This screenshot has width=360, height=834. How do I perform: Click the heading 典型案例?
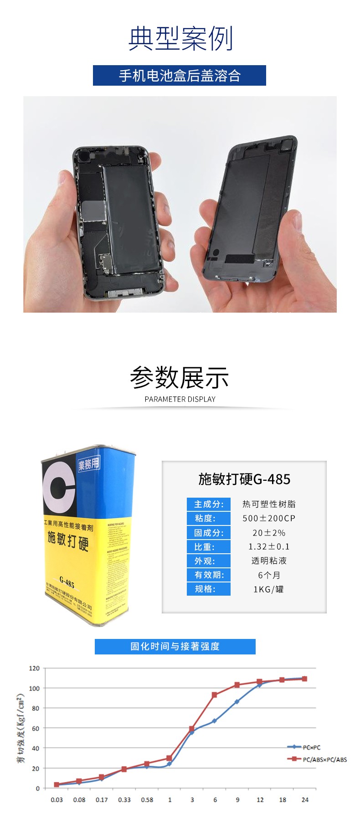[x=180, y=39]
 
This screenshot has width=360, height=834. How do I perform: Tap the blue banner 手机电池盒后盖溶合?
[x=180, y=76]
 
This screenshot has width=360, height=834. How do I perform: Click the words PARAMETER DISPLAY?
[x=180, y=399]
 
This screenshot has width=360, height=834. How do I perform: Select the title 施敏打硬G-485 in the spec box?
[x=244, y=479]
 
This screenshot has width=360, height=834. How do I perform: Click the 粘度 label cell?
[x=208, y=518]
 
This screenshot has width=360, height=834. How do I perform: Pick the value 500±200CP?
[x=269, y=518]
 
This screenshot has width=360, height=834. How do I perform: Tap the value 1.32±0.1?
[x=269, y=546]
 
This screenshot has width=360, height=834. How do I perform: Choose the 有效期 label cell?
[x=208, y=575]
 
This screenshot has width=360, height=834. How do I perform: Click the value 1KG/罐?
[x=269, y=589]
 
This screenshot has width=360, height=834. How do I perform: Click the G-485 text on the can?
[x=67, y=582]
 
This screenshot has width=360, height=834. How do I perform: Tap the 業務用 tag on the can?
[x=88, y=464]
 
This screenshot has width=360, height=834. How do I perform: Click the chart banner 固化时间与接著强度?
[x=175, y=646]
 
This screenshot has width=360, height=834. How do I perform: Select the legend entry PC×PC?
[x=311, y=747]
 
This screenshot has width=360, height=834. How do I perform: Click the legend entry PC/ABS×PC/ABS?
[x=324, y=759]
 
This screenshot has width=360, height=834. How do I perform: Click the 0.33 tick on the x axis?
[x=124, y=800]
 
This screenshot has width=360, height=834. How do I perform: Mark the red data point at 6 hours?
[x=214, y=695]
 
